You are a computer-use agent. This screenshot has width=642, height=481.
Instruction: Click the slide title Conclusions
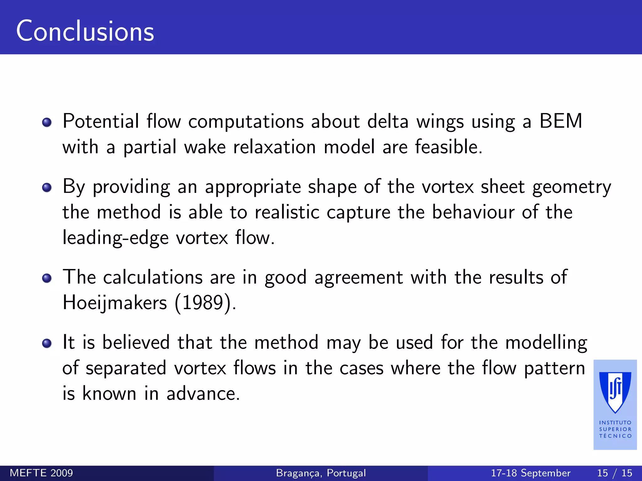click(x=85, y=31)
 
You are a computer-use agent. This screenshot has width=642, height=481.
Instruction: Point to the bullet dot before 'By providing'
click(x=47, y=188)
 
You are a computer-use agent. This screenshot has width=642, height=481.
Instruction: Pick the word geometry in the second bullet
click(x=571, y=187)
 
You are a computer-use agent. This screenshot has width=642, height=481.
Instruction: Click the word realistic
click(x=287, y=212)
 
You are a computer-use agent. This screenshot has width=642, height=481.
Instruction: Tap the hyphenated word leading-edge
click(x=115, y=238)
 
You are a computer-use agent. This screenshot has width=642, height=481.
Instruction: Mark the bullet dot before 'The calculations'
click(x=47, y=278)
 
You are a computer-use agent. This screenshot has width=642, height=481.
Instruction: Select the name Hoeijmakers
click(x=115, y=303)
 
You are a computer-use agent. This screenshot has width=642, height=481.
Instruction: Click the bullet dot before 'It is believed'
click(x=47, y=343)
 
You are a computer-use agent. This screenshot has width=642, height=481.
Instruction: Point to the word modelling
click(x=546, y=343)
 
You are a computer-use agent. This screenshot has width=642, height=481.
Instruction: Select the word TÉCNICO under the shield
click(x=615, y=436)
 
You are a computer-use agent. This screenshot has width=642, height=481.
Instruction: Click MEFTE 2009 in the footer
click(x=41, y=473)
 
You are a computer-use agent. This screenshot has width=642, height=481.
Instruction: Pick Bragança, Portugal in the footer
click(x=321, y=473)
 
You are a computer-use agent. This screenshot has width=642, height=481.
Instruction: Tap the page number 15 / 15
click(x=614, y=473)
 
